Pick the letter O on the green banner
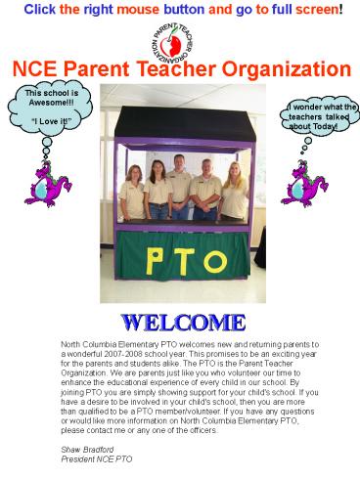[x=209, y=261]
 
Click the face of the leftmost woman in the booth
[x=131, y=174]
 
